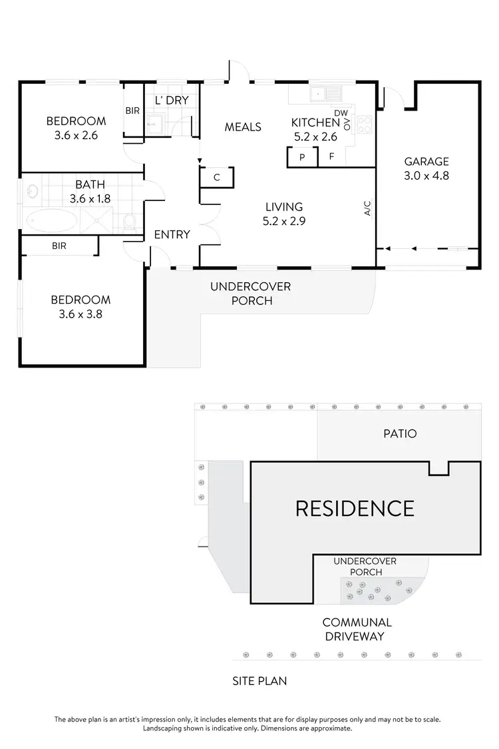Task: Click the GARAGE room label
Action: pos(426,161)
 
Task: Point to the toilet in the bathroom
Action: pos(130,220)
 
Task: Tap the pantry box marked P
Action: pos(301,158)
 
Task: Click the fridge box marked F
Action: pos(331,158)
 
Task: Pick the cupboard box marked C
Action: pos(217,177)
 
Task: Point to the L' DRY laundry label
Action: pos(171,101)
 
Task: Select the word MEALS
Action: pos(243,126)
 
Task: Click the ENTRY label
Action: pos(172,234)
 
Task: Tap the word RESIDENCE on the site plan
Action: pos(354,508)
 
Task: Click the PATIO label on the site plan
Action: pos(400,433)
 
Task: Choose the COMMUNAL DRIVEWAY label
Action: pos(357,629)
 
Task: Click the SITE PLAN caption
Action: pos(259,681)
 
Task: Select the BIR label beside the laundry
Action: pos(132,111)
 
